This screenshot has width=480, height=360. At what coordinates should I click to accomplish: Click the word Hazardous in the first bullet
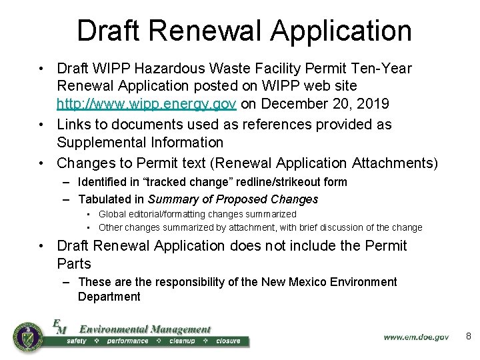(x=166, y=68)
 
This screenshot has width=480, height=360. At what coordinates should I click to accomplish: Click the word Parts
(x=74, y=263)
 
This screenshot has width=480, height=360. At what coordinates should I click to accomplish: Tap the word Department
(x=109, y=297)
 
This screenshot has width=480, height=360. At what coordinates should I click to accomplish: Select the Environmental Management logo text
(x=145, y=329)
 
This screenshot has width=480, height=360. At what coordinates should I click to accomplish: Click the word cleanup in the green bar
(x=182, y=341)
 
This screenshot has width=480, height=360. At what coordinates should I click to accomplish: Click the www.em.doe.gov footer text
(x=416, y=337)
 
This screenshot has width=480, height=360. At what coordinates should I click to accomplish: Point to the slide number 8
(x=468, y=337)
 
